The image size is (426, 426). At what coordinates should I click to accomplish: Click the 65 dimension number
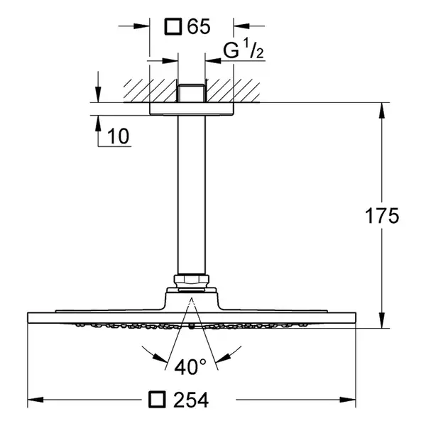coord(199,27)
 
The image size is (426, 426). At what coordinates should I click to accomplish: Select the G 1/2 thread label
coord(243,49)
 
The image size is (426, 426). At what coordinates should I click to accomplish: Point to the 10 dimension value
coord(118,136)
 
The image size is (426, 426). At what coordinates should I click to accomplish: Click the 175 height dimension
coord(382,216)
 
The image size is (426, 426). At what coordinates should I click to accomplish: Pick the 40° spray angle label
coord(190,366)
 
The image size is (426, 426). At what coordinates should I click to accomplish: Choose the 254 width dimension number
coord(191,400)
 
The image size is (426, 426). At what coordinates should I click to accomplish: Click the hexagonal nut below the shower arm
coord(192,281)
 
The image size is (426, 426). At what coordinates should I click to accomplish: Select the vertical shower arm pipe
coord(192,195)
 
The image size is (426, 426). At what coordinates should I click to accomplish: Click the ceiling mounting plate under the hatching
coord(192,109)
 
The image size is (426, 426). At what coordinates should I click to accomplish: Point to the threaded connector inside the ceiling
coord(192,93)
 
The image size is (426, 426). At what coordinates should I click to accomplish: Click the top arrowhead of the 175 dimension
coord(382,110)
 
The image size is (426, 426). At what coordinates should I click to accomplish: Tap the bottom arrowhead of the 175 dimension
coord(382,321)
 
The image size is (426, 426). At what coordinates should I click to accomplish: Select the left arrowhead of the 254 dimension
coord(35,400)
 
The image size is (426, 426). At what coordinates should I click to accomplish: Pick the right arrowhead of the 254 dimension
coord(348,400)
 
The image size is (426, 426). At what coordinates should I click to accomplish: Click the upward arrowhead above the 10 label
coord(99,123)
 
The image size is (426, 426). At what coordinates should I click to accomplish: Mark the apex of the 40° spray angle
coord(192,298)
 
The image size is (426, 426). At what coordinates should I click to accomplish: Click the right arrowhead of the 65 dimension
coord(241,26)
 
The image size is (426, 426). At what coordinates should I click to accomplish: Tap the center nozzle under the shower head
coord(192,327)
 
